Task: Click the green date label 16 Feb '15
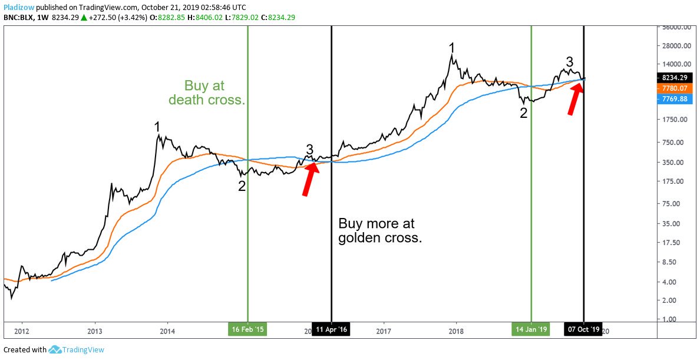pyautogui.click(x=247, y=329)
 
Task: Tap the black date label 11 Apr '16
pyautogui.click(x=331, y=329)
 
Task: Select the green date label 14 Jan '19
pyautogui.click(x=531, y=329)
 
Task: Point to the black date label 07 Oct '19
pyautogui.click(x=583, y=329)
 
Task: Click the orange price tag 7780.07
pyautogui.click(x=675, y=88)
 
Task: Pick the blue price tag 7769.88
pyautogui.click(x=675, y=99)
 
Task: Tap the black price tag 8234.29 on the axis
pyautogui.click(x=675, y=77)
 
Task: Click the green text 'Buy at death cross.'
pyautogui.click(x=206, y=93)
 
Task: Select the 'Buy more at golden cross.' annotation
pyautogui.click(x=380, y=231)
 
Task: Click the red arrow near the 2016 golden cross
pyautogui.click(x=309, y=179)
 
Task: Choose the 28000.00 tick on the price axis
pyautogui.click(x=675, y=45)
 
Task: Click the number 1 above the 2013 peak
pyautogui.click(x=157, y=126)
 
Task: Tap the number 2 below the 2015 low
pyautogui.click(x=242, y=186)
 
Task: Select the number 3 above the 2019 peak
pyautogui.click(x=569, y=61)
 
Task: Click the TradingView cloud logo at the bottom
pyautogui.click(x=56, y=349)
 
